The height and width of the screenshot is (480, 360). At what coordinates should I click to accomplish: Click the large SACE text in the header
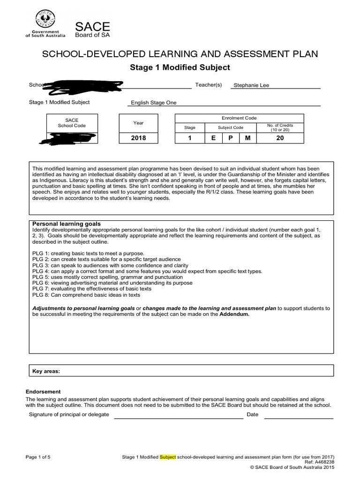tap(92, 27)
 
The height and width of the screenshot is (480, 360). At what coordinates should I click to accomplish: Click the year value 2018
tap(139, 138)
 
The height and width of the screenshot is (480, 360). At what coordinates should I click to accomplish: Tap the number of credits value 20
tap(280, 138)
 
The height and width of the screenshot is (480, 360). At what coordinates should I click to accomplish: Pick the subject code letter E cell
tap(213, 138)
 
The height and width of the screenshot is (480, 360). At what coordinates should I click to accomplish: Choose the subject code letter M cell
tap(247, 138)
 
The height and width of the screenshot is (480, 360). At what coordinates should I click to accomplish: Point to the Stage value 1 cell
tap(190, 138)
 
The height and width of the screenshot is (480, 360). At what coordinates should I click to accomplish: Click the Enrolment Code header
tap(239, 118)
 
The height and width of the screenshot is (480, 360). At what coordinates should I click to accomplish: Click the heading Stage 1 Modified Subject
tap(180, 67)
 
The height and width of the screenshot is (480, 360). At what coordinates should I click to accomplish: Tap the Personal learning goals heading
tap(66, 224)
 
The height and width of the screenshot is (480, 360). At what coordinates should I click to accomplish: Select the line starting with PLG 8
tap(86, 295)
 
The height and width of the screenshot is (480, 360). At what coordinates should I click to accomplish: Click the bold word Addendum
tap(234, 315)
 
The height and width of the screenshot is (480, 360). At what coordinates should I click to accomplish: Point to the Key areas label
tap(46, 371)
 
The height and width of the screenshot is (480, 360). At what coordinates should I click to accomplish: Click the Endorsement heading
tap(43, 391)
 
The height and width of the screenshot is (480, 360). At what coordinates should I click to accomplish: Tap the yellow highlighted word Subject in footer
tap(168, 456)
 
